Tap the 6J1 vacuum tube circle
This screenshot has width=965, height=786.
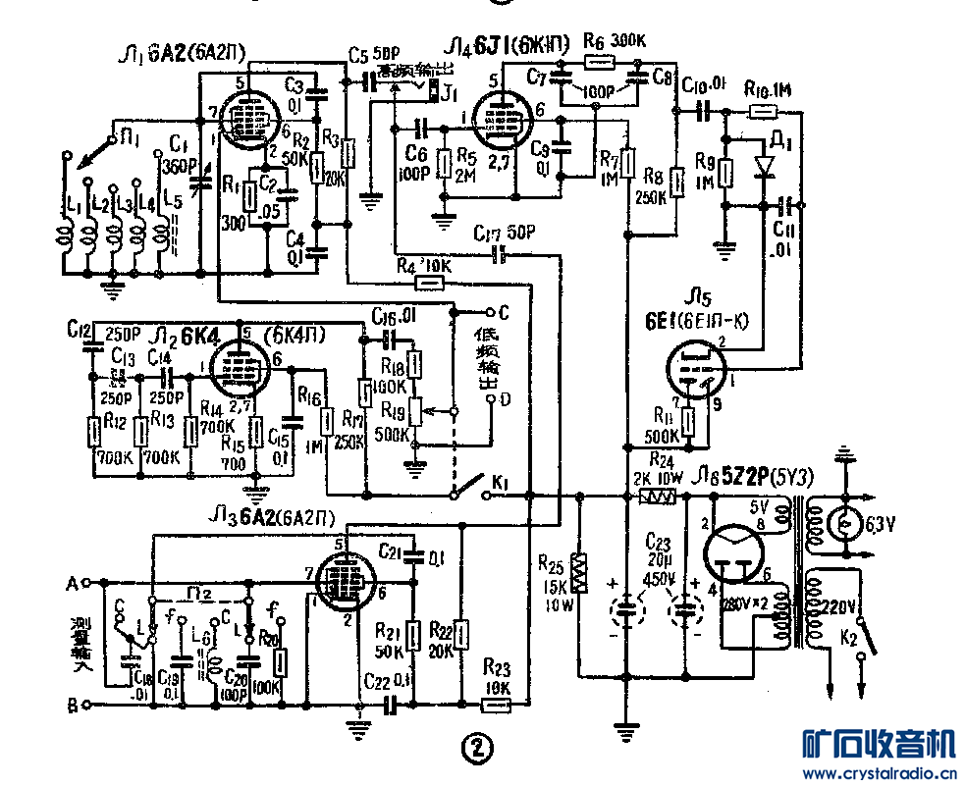(x=501, y=123)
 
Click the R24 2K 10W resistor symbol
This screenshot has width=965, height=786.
(x=657, y=498)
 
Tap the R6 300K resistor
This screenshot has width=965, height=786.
(x=599, y=62)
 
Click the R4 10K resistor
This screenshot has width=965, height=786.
(x=428, y=283)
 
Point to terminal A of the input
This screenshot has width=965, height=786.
(x=86, y=582)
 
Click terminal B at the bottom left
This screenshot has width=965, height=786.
(x=86, y=705)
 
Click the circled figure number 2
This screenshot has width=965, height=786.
(x=475, y=749)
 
